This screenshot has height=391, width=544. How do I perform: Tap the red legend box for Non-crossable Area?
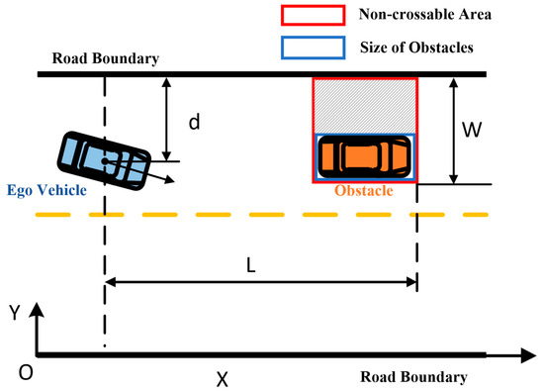pos(313,16)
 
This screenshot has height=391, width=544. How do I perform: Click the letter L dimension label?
pos(254,266)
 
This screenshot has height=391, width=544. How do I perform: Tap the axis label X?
pos(223,377)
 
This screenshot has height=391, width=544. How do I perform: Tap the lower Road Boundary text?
pos(413,377)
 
